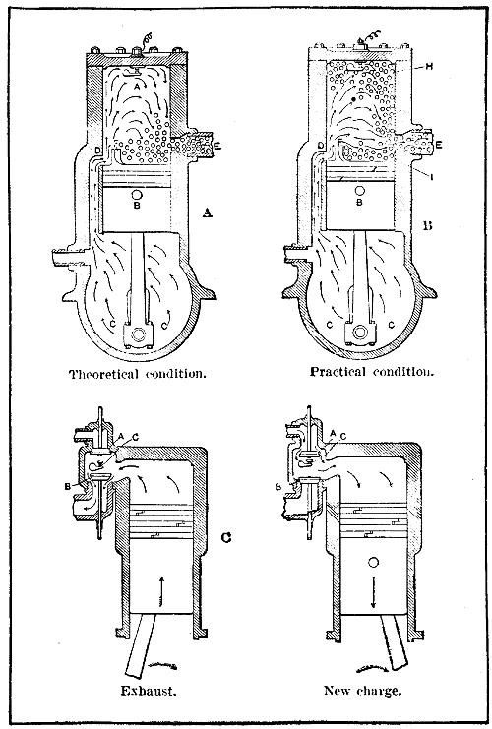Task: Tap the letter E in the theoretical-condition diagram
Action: [216, 145]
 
